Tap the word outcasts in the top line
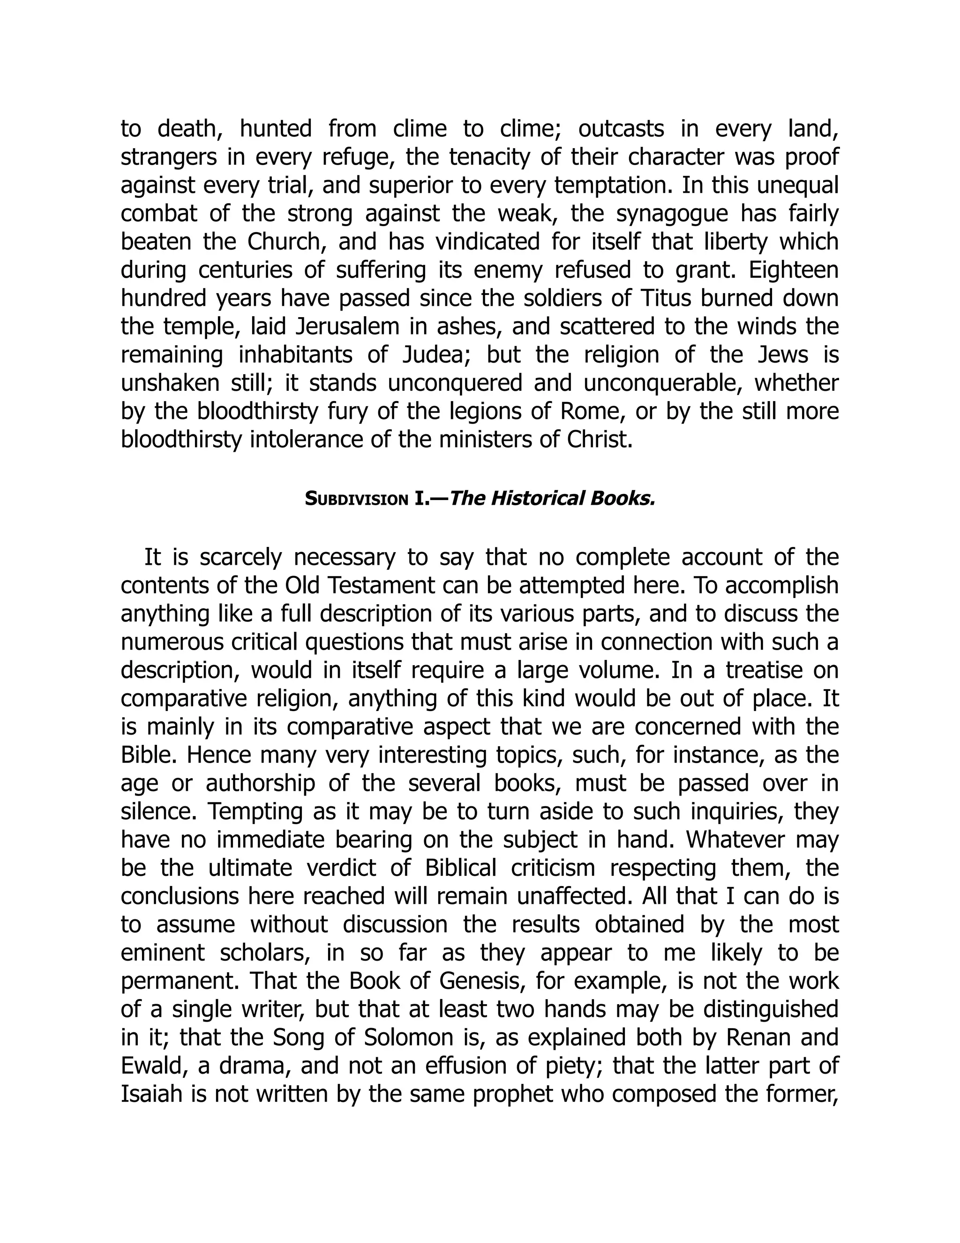pos(621,129)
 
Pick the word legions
pos(487,411)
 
